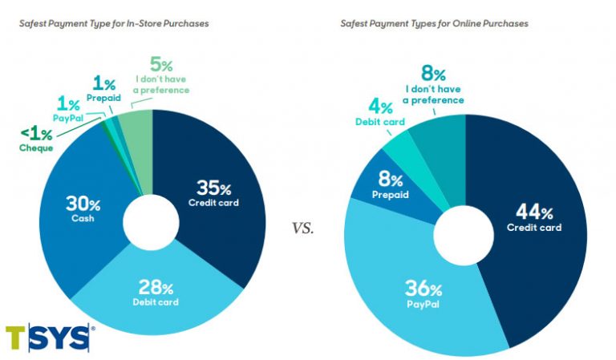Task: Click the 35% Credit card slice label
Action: [213, 193]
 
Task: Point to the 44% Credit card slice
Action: [533, 218]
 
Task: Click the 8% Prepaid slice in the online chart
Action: [391, 187]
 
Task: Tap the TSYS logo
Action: [48, 338]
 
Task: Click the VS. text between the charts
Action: [302, 228]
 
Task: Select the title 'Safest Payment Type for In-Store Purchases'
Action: [114, 23]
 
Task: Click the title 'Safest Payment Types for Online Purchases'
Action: [434, 23]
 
